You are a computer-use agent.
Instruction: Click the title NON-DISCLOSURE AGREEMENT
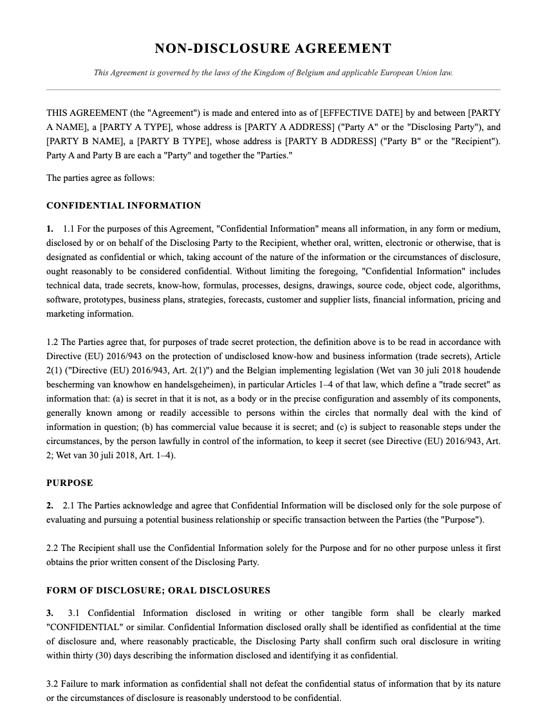coord(273,48)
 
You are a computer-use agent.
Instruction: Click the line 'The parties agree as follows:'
coord(100,178)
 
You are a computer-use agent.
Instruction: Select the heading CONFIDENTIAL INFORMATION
coord(124,206)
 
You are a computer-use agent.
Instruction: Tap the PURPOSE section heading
coord(70,483)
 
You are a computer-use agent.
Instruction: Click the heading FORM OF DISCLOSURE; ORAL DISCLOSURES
coord(158,590)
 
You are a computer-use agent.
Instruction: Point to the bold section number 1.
coord(50,229)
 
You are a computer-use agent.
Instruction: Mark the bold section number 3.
coord(50,613)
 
